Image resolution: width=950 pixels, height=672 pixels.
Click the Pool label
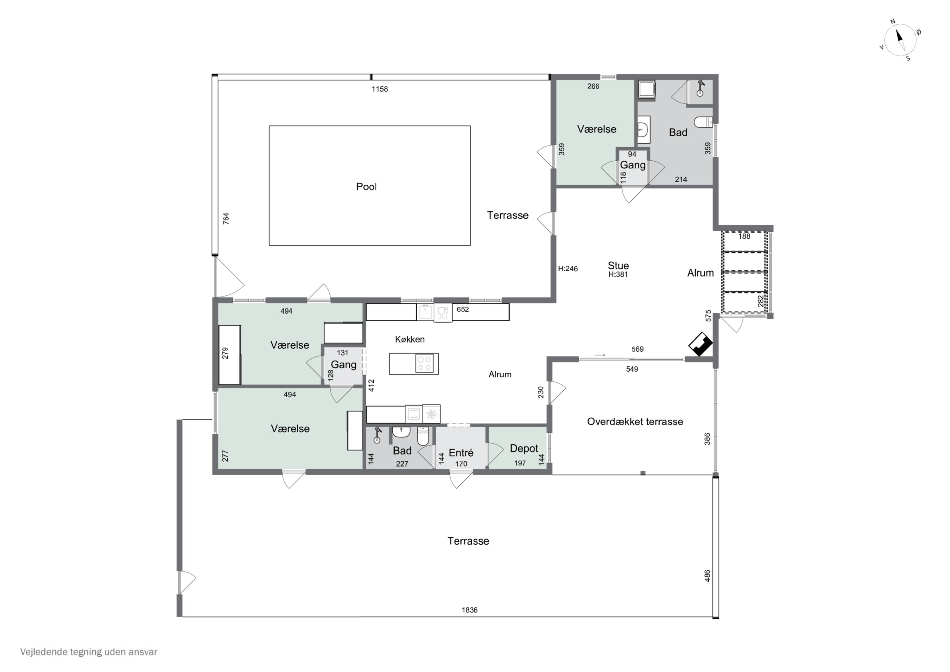(x=366, y=187)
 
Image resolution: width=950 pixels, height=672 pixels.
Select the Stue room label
(x=618, y=266)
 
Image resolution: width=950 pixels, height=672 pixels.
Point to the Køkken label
(x=410, y=340)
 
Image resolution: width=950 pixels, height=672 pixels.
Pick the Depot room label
(x=524, y=448)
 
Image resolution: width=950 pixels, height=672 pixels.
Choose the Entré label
(x=461, y=452)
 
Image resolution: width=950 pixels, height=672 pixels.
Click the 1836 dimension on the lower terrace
(x=470, y=610)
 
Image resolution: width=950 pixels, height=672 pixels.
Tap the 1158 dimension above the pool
(x=380, y=89)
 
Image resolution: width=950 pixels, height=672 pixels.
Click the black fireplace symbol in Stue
(x=700, y=344)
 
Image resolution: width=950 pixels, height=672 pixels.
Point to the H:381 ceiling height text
(x=618, y=274)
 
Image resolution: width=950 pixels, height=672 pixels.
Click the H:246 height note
(x=568, y=269)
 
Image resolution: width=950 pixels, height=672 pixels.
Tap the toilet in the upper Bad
(x=703, y=122)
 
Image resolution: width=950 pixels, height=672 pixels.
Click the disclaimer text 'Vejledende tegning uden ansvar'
(x=89, y=652)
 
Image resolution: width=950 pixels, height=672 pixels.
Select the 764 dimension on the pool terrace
(x=226, y=219)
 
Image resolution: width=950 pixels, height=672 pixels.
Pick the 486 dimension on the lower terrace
(x=707, y=576)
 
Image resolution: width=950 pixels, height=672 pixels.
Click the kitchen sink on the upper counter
(x=425, y=312)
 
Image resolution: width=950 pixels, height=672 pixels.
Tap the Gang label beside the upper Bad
(x=633, y=165)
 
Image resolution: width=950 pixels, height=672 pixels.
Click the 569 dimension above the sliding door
(x=638, y=349)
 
